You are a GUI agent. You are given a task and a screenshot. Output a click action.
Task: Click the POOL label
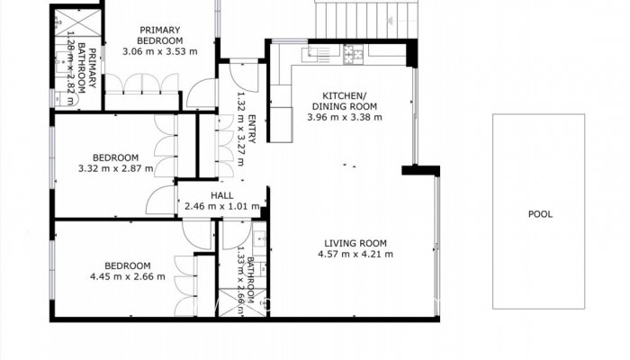[x=540, y=214]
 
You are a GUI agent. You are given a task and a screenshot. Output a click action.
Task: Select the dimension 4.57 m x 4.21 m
[x=355, y=255]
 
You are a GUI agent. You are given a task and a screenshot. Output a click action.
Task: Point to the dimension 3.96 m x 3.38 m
[x=345, y=117]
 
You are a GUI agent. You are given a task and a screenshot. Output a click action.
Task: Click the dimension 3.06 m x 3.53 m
[x=159, y=52]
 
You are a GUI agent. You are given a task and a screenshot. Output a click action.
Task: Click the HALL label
[x=221, y=195]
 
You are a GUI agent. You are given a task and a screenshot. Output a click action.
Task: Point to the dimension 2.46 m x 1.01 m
[x=221, y=207]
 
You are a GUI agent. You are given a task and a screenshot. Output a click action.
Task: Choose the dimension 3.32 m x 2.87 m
[x=116, y=167]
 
